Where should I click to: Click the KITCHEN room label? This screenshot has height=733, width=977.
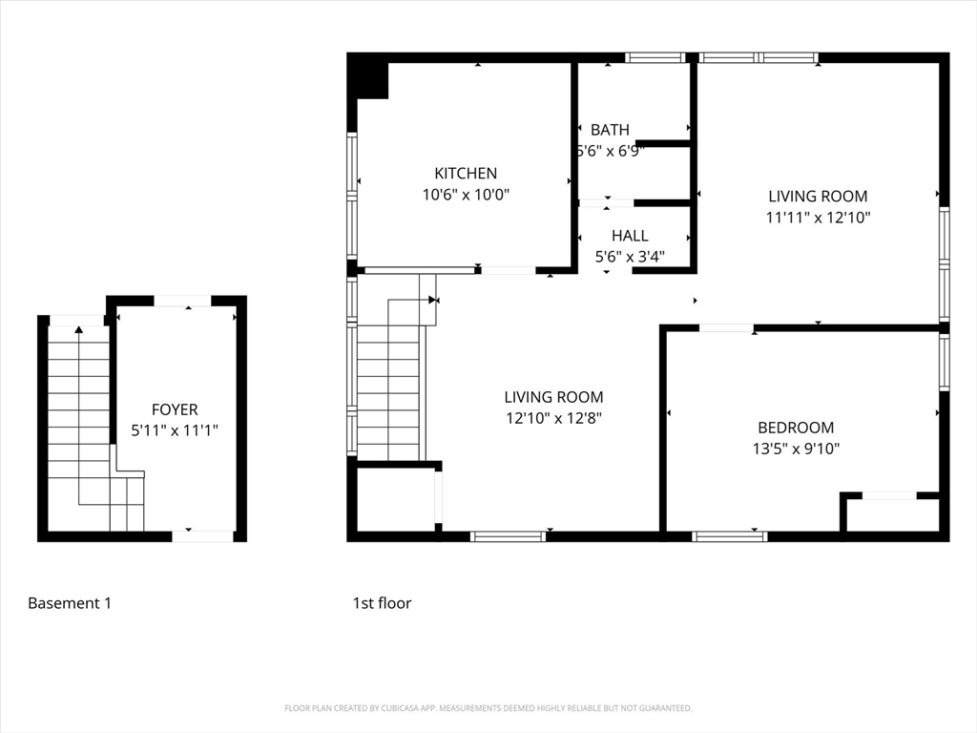(x=466, y=173)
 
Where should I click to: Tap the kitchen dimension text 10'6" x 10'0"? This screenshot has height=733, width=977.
(x=466, y=195)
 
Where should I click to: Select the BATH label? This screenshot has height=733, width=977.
(x=610, y=130)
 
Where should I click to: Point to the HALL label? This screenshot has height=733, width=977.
(x=630, y=236)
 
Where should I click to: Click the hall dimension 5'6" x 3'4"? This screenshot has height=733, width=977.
(x=630, y=257)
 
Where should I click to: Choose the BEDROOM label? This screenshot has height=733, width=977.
(x=796, y=428)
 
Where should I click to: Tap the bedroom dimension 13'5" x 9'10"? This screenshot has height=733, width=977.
(x=796, y=449)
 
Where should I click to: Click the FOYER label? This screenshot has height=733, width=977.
(x=175, y=409)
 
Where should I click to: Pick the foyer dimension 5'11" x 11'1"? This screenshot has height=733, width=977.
(x=175, y=430)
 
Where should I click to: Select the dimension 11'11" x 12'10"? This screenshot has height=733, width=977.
(x=818, y=218)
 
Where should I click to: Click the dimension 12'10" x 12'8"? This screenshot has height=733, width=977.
(x=553, y=418)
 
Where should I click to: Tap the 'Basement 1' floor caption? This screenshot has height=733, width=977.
(x=70, y=603)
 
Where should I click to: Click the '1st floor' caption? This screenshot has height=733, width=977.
(x=382, y=603)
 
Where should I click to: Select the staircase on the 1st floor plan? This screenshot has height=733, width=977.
(x=388, y=382)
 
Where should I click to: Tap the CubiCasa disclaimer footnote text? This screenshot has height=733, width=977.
(x=488, y=708)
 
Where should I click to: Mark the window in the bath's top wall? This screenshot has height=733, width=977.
(x=655, y=57)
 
